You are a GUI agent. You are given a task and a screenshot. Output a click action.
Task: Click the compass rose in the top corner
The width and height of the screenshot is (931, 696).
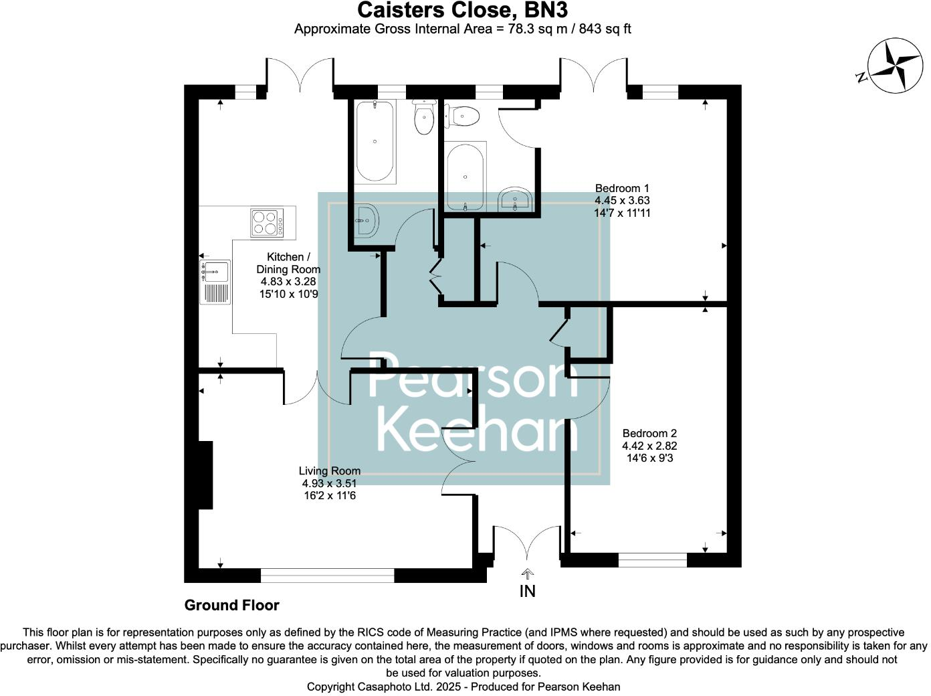[x=894, y=66]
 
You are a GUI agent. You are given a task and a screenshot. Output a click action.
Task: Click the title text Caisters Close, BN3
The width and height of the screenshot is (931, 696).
[x=462, y=10]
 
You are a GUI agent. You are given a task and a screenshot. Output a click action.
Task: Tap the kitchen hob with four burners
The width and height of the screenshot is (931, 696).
[x=266, y=223]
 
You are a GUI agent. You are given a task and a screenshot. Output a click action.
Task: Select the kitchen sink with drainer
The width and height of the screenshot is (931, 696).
[x=215, y=282]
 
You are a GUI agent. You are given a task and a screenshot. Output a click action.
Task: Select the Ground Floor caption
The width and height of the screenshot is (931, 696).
[x=231, y=606]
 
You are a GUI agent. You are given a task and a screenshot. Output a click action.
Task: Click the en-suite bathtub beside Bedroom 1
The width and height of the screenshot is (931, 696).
[x=465, y=177]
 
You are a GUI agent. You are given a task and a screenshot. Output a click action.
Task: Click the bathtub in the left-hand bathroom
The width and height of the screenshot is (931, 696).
[x=375, y=141]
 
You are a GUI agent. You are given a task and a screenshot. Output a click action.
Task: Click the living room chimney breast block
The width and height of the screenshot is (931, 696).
[x=205, y=474]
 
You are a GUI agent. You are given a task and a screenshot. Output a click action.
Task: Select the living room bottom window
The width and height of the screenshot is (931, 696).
[x=327, y=575]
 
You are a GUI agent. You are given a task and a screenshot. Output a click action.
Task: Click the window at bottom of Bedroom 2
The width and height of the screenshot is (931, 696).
[x=652, y=560]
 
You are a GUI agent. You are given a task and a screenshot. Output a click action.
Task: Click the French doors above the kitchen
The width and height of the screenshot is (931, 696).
[x=300, y=74]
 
